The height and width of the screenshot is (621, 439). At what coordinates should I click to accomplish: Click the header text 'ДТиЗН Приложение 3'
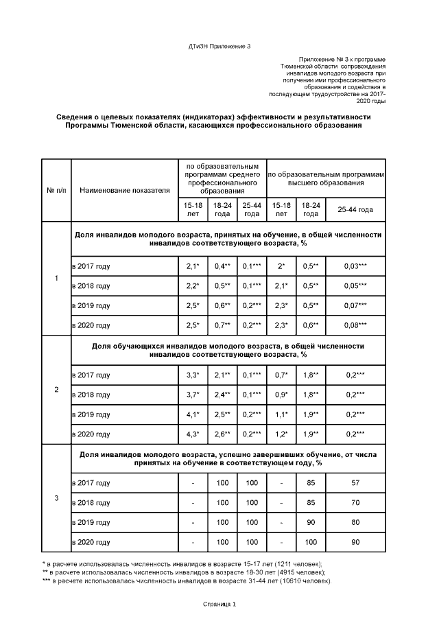[x=219, y=46]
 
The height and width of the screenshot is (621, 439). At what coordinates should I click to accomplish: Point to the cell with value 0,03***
[x=355, y=266]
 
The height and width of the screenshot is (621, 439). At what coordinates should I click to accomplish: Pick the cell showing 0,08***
[x=355, y=325]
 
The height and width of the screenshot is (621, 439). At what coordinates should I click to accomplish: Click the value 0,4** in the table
[x=222, y=266]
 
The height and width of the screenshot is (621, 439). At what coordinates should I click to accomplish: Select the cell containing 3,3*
[x=193, y=375]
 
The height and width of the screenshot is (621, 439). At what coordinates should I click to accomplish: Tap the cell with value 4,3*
[x=193, y=434]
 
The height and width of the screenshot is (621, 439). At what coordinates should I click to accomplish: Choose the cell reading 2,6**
[x=222, y=434]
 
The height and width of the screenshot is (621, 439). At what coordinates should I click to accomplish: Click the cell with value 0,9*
[x=281, y=395]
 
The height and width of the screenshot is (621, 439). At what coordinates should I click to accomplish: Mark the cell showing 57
[x=355, y=483]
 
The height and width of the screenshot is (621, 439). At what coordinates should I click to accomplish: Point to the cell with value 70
[x=355, y=503]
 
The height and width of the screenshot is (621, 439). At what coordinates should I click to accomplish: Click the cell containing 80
[x=355, y=523]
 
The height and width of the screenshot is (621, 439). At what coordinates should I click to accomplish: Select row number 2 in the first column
[x=56, y=390]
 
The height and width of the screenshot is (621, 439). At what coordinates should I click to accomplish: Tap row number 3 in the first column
[x=56, y=497]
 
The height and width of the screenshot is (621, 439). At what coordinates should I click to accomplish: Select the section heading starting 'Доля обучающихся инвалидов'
[x=228, y=350]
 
